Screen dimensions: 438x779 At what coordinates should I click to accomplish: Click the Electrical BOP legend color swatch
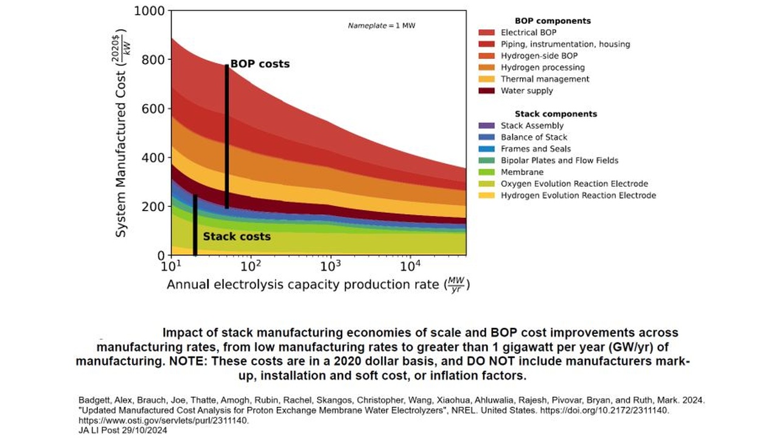click(x=486, y=32)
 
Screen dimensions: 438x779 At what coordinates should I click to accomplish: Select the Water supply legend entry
click(x=527, y=91)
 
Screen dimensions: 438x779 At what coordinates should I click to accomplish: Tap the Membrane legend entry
click(x=522, y=172)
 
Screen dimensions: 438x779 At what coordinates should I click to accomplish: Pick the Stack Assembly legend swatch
click(x=486, y=125)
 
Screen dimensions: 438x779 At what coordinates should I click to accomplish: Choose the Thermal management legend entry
click(x=545, y=79)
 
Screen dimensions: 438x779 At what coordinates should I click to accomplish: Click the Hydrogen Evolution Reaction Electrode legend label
click(x=578, y=195)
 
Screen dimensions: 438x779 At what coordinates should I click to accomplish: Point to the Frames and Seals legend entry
click(x=536, y=148)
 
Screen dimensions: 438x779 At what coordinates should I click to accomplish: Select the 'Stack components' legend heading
click(x=556, y=114)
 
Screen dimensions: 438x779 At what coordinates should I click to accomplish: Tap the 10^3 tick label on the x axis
click(x=330, y=266)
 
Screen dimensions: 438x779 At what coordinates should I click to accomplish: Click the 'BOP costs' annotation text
click(x=260, y=64)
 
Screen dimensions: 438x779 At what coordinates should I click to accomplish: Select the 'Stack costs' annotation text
click(x=236, y=236)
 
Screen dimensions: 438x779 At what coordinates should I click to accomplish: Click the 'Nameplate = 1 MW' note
click(x=381, y=26)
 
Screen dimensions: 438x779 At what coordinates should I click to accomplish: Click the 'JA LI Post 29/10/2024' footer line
click(x=122, y=429)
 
